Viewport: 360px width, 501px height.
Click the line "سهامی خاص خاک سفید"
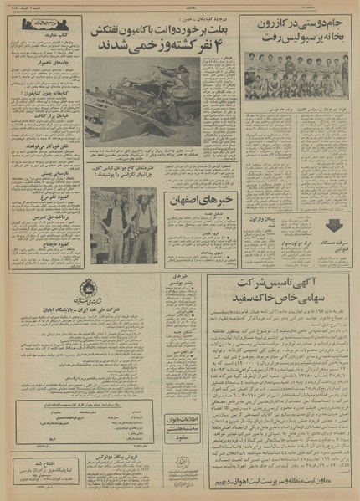coord(291,304)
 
